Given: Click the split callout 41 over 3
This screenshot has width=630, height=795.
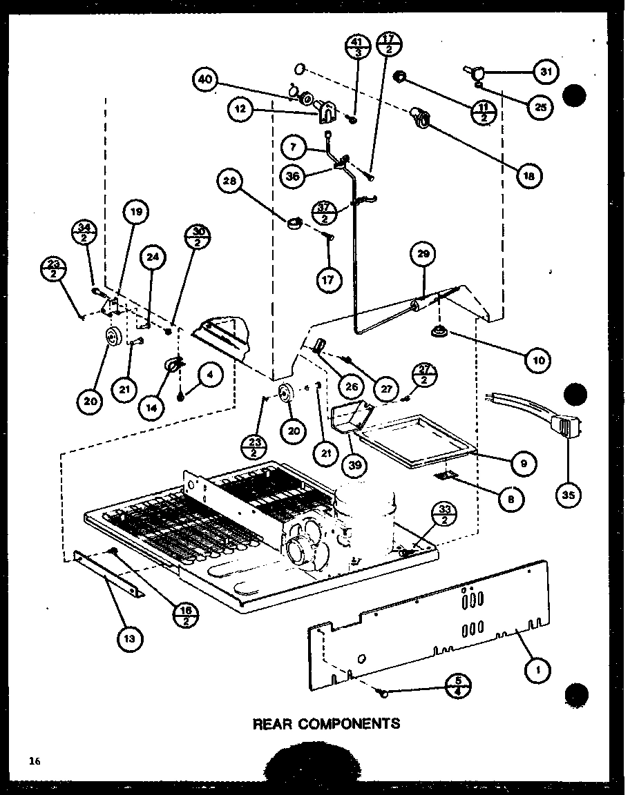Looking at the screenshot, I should tap(356, 49).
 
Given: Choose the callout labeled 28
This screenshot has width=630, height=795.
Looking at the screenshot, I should tap(230, 182).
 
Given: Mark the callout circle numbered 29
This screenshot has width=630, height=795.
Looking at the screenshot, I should tap(423, 253).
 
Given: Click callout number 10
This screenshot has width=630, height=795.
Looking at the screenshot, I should tap(538, 359).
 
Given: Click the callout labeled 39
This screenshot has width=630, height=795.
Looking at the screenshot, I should tap(354, 464).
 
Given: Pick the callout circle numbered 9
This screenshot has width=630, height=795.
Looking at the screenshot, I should tap(523, 464).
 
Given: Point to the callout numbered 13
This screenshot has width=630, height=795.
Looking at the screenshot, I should tap(130, 638).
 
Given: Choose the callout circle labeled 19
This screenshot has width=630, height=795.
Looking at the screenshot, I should tap(135, 213).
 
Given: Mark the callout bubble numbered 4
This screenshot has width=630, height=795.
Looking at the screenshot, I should tap(210, 375).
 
